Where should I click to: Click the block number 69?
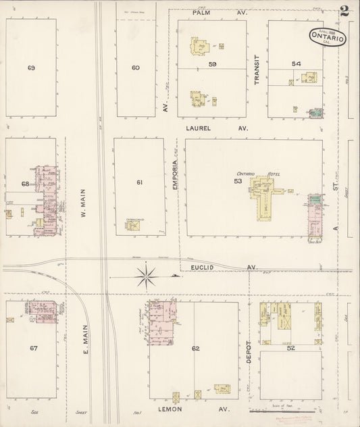31,68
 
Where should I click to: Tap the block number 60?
135,68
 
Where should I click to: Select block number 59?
212,64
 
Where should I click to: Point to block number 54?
296,64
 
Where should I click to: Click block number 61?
140,183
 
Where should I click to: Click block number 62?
196,349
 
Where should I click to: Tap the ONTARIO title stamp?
330,37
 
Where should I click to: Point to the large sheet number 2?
345,11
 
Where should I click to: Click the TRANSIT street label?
257,70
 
